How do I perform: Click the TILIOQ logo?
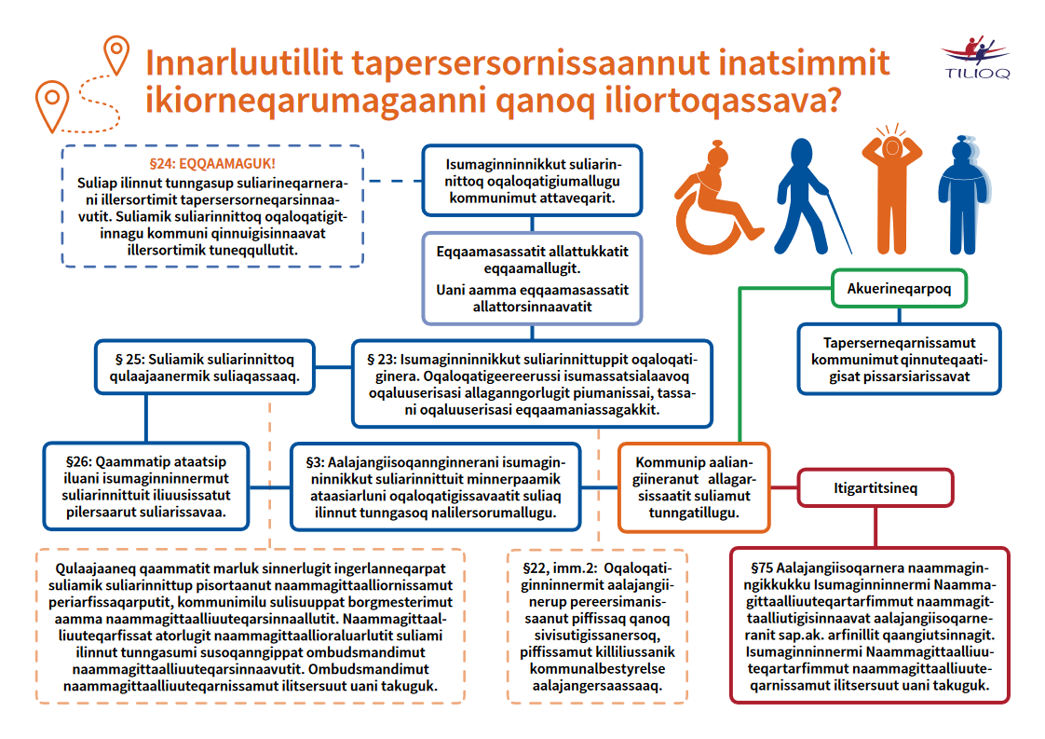tap(974, 57)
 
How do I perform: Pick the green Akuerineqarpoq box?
tap(899, 289)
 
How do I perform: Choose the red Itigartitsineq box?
tap(862, 486)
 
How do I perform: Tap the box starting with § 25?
tap(205, 367)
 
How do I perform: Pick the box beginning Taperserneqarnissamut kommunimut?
tap(899, 357)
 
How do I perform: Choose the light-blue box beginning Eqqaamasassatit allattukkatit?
tap(532, 278)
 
